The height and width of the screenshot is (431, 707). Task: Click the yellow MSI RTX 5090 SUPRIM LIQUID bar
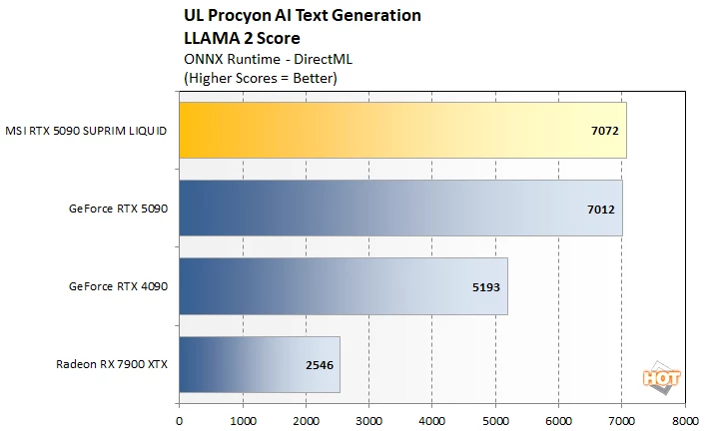pyautogui.click(x=402, y=130)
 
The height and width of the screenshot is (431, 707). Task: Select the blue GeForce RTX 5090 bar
pyautogui.click(x=400, y=209)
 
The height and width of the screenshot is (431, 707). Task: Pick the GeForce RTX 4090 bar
pyautogui.click(x=344, y=286)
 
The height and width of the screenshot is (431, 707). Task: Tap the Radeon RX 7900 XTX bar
pyautogui.click(x=260, y=364)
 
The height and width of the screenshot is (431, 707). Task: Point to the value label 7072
pyautogui.click(x=605, y=131)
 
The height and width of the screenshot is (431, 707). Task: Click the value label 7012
pyautogui.click(x=600, y=209)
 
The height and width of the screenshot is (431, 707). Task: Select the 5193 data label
pyautogui.click(x=486, y=287)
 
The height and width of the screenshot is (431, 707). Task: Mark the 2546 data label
pyautogui.click(x=320, y=365)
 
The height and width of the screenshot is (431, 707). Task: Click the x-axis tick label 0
pyautogui.click(x=180, y=421)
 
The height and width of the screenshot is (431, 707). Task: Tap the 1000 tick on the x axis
pyautogui.click(x=243, y=421)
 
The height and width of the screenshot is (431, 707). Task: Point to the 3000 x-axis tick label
pyautogui.click(x=368, y=421)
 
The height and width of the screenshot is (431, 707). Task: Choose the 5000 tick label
pyautogui.click(x=495, y=421)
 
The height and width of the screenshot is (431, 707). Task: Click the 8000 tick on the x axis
pyautogui.click(x=685, y=421)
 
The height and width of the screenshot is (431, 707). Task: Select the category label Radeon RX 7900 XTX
pyautogui.click(x=112, y=364)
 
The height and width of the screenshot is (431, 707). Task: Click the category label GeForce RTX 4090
pyautogui.click(x=118, y=286)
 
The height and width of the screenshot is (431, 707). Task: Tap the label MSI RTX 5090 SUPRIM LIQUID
pyautogui.click(x=86, y=131)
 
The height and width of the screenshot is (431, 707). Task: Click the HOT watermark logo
pyautogui.click(x=661, y=378)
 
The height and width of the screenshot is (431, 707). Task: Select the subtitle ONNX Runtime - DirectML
pyautogui.click(x=268, y=59)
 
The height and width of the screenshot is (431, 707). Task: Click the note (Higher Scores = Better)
pyautogui.click(x=261, y=78)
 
